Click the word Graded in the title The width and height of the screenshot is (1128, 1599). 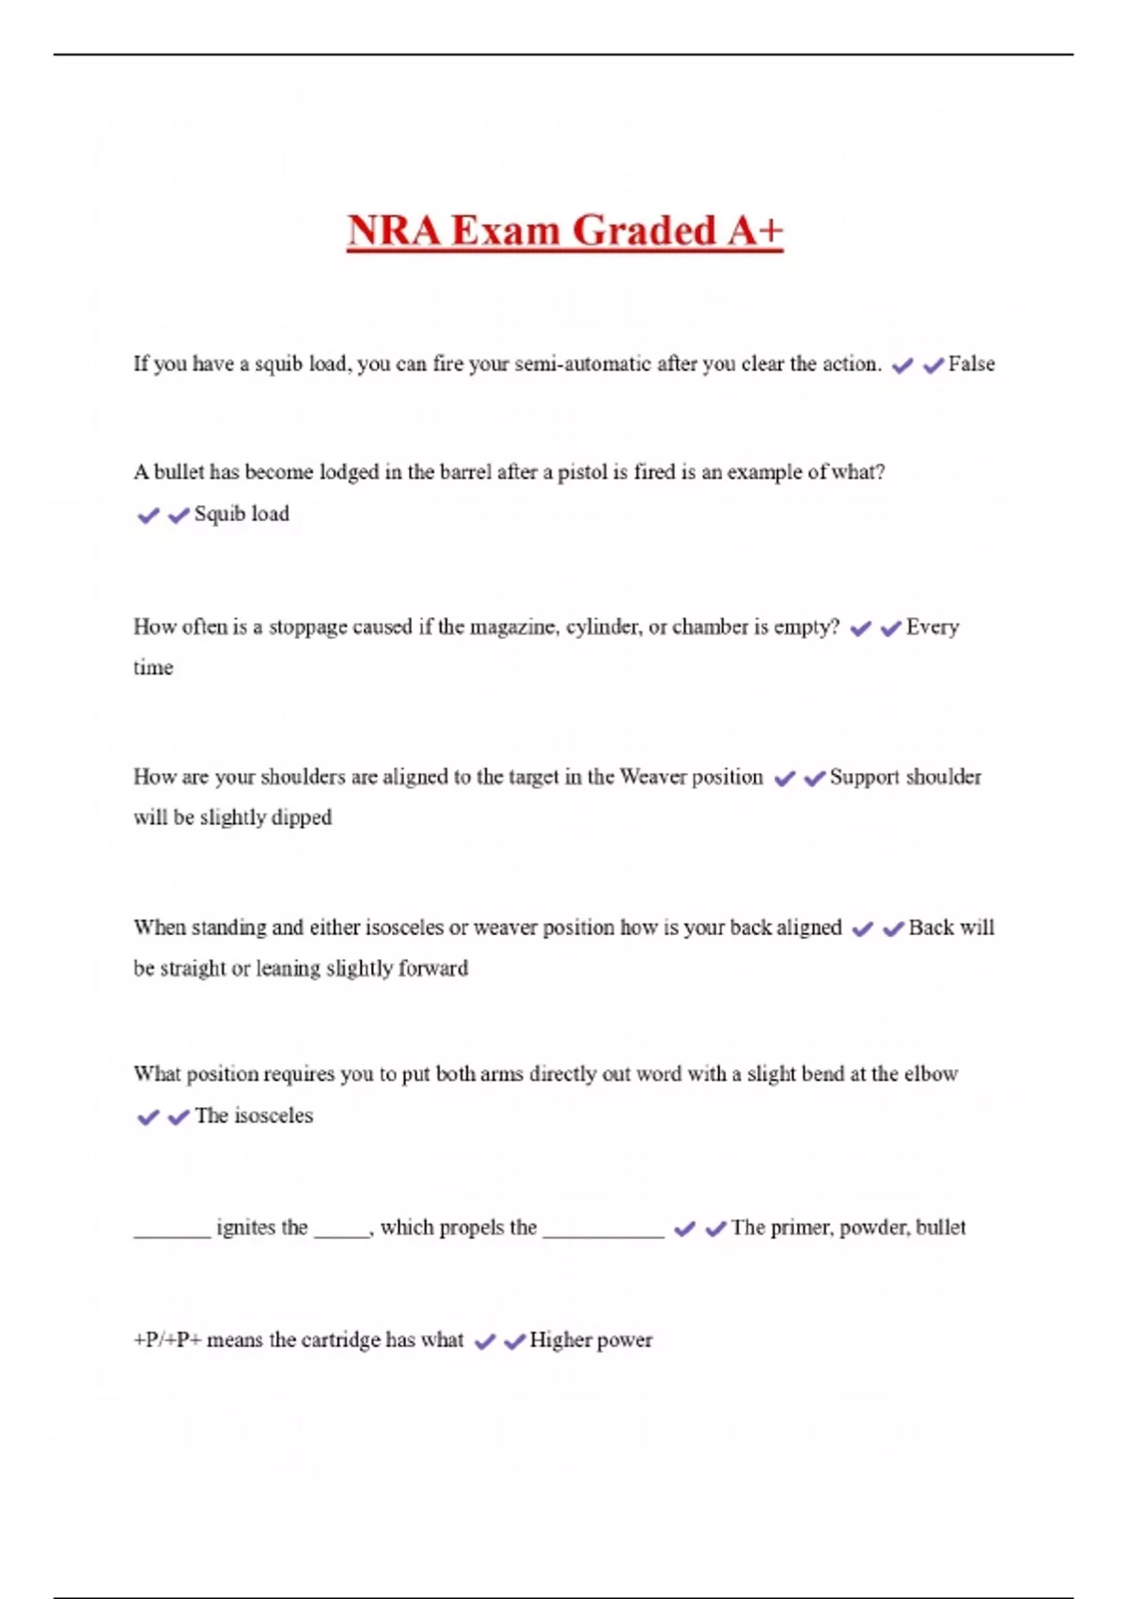pos(644,230)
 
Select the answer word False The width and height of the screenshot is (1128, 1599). pos(971,364)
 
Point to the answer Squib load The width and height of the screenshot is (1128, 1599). pos(242,514)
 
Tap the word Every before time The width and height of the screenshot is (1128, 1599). pos(932,627)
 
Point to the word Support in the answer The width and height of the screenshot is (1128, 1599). pos(864,777)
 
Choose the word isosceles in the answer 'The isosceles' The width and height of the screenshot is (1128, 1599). pos(274,1116)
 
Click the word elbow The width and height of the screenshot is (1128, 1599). pos(931,1074)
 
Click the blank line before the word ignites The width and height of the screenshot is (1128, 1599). pos(171,1234)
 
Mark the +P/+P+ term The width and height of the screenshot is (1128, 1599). pos(167,1339)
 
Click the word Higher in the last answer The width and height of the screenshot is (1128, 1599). pos(560,1339)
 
